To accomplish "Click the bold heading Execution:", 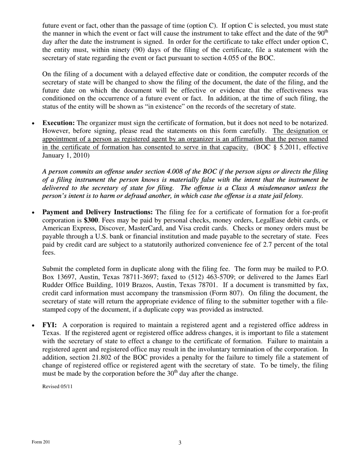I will click(x=58, y=123).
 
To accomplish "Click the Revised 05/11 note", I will click(x=57, y=386).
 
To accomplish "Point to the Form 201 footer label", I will click(x=41, y=442).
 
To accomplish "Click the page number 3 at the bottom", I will click(x=180, y=443).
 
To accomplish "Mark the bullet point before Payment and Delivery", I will click(x=34, y=213).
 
